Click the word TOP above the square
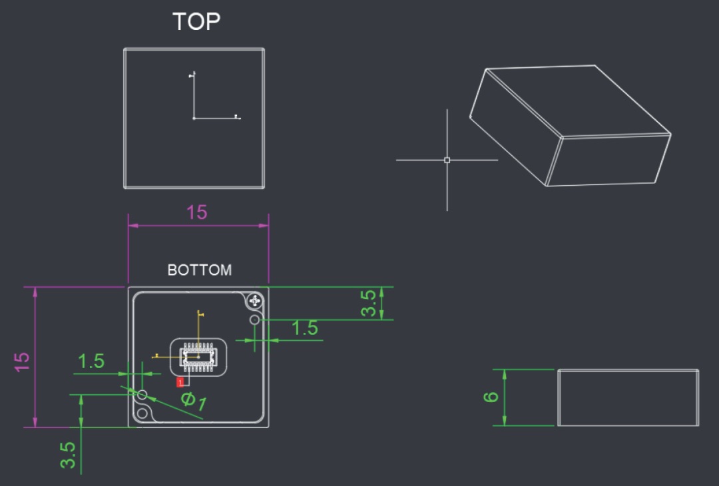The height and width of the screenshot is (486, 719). pos(196,21)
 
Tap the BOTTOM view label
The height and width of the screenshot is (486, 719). pos(200,270)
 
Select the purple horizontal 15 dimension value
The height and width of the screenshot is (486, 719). pos(196,212)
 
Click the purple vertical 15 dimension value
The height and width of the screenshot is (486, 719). pos(21,362)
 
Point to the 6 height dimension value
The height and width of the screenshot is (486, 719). pos(491,397)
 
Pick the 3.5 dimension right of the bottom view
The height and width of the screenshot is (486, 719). pos(368,303)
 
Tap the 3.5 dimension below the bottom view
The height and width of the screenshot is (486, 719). pos(68,455)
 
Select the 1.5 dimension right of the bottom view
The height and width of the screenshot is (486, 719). pos(304,328)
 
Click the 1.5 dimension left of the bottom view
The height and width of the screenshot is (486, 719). pos(91,362)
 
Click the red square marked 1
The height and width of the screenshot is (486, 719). pos(180,382)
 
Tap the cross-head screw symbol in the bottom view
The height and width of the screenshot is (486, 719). pos(255,301)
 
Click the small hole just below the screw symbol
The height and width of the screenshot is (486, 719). pos(254,320)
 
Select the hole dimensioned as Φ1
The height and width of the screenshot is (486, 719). pos(142,394)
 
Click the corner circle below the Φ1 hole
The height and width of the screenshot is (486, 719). pos(142,413)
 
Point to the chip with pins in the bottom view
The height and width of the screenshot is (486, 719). pos(198,357)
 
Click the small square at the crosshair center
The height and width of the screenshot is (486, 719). pos(447,160)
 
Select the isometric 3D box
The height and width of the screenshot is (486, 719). pos(570,126)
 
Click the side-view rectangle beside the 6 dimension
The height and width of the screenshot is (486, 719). pos(628,397)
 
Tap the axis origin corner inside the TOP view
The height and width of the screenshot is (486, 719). pos(194,119)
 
